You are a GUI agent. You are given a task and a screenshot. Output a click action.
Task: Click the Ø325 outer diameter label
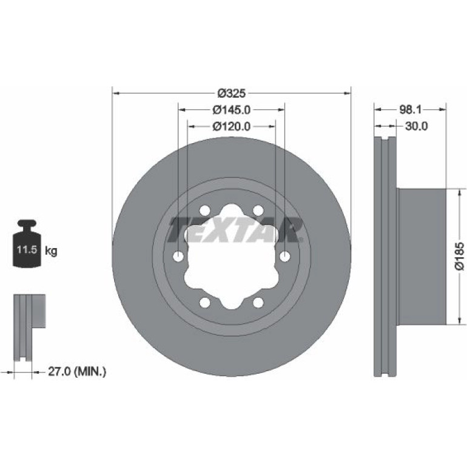[x=232, y=93]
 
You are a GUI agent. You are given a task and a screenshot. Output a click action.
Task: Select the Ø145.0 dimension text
[x=232, y=110]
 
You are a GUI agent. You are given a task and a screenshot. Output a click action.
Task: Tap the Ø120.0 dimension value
[x=232, y=127]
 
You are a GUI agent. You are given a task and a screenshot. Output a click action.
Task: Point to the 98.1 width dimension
[x=410, y=110]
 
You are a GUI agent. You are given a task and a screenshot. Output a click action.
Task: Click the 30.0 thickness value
[x=416, y=126]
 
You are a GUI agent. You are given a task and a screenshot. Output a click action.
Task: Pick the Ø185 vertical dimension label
[x=460, y=256]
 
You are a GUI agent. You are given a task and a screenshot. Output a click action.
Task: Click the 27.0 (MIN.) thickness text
[x=77, y=371]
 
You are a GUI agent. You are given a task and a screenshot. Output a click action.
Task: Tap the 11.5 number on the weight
[x=27, y=249]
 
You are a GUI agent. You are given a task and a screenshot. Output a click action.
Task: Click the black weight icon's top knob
[x=27, y=223]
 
